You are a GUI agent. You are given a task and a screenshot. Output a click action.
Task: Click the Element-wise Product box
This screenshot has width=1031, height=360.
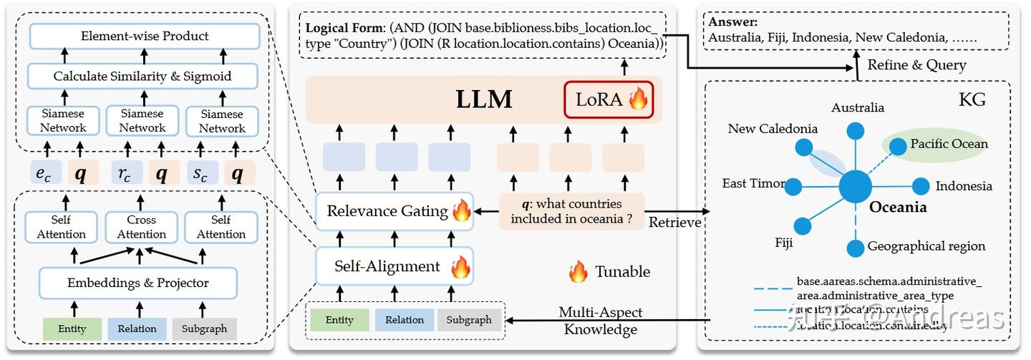[145, 36]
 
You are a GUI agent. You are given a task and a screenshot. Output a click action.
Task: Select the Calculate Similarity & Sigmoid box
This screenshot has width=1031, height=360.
[142, 76]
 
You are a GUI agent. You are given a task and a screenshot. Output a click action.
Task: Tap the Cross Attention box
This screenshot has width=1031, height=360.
[142, 227]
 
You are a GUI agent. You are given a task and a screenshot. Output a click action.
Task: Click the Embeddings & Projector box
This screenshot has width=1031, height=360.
[138, 283]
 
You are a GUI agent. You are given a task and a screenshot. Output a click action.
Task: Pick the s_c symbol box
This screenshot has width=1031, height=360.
[202, 172]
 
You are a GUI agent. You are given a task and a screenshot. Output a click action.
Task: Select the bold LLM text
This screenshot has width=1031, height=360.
[484, 99]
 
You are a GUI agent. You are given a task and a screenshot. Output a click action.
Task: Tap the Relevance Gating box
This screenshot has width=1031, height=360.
[395, 211]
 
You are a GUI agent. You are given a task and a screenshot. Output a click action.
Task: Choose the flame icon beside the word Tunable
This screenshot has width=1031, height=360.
[578, 272]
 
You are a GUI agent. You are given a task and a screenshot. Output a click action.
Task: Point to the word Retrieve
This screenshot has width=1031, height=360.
[674, 223]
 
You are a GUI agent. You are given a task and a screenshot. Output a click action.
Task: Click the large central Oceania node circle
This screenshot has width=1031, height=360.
[856, 187]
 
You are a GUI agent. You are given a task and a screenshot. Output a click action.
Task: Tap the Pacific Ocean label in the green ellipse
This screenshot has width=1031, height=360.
[949, 144]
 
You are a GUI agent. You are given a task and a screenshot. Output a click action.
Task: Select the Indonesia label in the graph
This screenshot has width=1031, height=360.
[964, 186]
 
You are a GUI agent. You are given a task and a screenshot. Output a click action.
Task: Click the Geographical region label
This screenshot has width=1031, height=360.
[926, 246]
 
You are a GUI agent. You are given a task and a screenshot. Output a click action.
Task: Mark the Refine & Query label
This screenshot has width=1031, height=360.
[916, 65]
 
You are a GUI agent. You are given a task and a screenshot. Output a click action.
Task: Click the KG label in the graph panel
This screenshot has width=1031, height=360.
[973, 99]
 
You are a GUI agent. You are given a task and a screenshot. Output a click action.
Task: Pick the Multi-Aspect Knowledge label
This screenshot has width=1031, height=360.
[600, 321]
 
